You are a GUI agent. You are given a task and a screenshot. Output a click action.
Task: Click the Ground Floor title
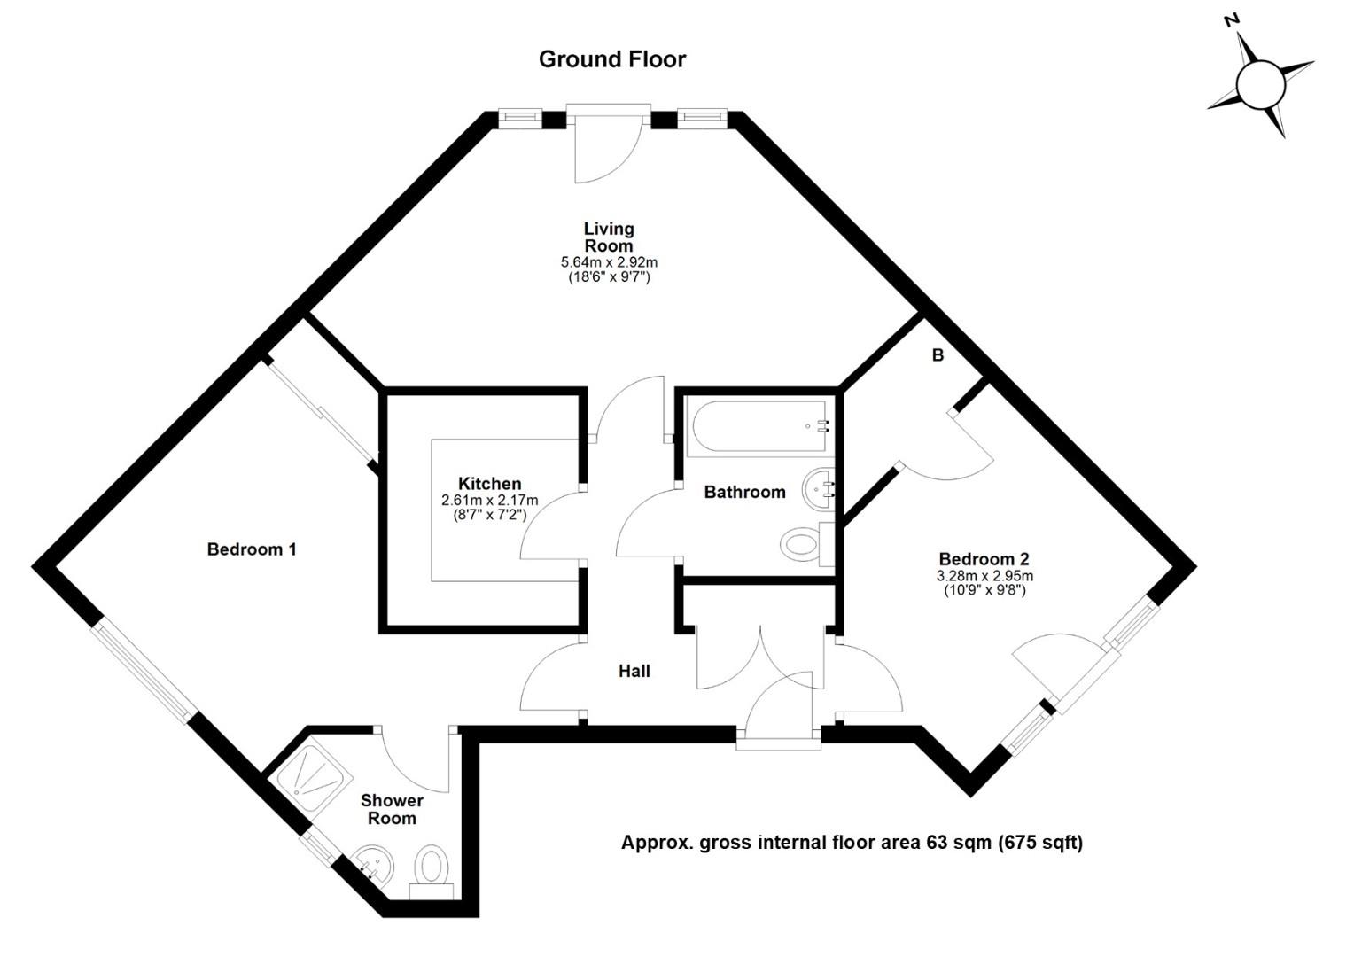(611, 59)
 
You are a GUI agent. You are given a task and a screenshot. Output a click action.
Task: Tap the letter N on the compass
(1232, 36)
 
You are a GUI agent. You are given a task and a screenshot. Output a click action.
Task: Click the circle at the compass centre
(1260, 85)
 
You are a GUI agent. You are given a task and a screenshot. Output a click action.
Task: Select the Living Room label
(609, 237)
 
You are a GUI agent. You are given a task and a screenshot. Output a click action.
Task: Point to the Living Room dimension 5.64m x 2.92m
(609, 262)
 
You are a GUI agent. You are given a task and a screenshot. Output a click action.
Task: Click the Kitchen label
(490, 484)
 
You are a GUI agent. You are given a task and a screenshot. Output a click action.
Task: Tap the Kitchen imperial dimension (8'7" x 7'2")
(490, 515)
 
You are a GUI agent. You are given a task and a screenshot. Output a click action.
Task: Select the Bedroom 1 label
(252, 549)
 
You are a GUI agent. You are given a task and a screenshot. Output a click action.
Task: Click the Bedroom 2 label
(984, 558)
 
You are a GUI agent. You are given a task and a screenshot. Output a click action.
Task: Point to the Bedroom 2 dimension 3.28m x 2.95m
(984, 576)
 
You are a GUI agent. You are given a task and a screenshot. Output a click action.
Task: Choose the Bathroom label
(744, 492)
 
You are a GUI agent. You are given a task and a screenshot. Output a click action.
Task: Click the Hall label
(634, 671)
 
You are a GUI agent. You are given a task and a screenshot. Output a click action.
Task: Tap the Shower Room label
(392, 810)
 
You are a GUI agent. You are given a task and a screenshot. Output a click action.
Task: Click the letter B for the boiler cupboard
(938, 355)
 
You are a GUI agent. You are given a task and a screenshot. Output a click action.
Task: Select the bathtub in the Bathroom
(759, 427)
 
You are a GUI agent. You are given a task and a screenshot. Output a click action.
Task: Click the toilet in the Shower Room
(432, 873)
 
